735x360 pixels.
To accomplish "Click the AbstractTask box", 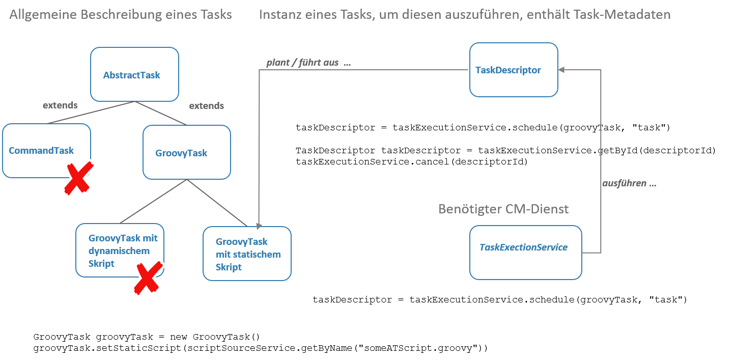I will [x=134, y=74].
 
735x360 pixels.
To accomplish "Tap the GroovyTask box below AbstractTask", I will [x=186, y=152].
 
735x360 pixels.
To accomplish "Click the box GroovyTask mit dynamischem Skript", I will [x=120, y=250].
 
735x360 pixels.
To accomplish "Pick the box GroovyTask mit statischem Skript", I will [x=247, y=254].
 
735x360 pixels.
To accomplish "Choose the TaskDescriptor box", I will [x=513, y=70].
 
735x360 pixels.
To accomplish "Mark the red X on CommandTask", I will [x=78, y=178].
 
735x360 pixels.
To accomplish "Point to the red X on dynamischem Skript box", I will [x=148, y=278].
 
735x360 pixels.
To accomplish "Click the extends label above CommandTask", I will [x=60, y=105].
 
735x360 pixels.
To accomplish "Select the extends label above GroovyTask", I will [x=206, y=106].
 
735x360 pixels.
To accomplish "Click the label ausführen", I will [x=629, y=183].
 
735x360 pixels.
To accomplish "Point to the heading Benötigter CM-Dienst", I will [x=503, y=209].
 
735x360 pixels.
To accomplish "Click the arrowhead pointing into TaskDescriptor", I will [x=562, y=70].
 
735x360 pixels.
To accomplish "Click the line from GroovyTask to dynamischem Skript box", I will [x=153, y=201].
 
